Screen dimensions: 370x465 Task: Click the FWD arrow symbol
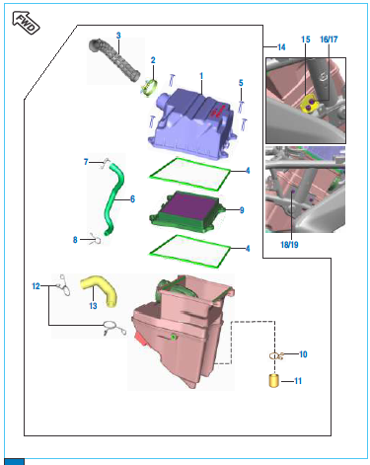tap(26, 22)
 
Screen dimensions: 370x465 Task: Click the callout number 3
tap(118, 36)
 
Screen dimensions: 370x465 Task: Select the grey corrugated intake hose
tap(113, 59)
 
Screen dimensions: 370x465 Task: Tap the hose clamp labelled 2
tap(149, 87)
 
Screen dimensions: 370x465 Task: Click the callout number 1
tap(201, 76)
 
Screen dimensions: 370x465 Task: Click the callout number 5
tap(241, 83)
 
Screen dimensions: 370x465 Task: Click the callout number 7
tap(86, 162)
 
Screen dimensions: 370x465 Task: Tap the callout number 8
tap(75, 240)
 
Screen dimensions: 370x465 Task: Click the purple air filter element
tap(191, 207)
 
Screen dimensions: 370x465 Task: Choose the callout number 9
tap(242, 210)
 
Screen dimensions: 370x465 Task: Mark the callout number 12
tap(36, 286)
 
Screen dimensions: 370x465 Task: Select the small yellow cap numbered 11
tap(273, 380)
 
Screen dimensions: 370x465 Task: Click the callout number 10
tap(303, 354)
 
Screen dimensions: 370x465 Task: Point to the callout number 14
tap(281, 47)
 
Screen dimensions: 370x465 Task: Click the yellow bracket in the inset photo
tap(310, 106)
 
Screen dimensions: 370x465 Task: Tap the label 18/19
tap(289, 245)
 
